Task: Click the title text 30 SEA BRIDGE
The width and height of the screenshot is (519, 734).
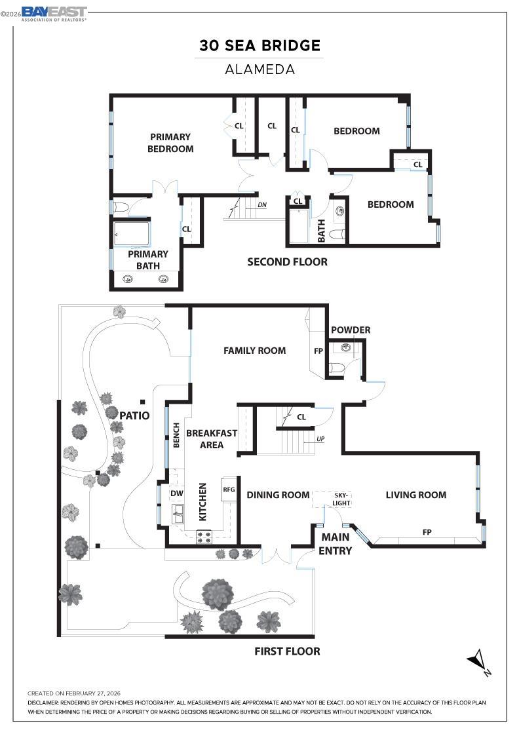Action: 260,46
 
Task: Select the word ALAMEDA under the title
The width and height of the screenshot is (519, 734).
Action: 260,69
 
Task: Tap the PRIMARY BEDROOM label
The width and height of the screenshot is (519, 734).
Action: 170,143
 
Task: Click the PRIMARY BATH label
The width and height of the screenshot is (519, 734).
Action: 147,260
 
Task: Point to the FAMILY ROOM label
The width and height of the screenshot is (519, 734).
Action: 254,351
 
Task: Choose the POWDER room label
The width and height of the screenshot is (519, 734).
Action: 351,330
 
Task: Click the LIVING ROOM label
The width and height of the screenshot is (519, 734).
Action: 415,495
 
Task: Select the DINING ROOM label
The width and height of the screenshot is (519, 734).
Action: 278,495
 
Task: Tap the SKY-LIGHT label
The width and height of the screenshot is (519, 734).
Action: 342,499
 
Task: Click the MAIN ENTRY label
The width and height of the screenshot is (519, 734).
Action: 335,544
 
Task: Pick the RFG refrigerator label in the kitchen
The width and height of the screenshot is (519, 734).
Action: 229,489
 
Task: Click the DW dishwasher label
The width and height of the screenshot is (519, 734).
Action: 177,493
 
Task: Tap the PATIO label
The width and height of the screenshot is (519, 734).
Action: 134,415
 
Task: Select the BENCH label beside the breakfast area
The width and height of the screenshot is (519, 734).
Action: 176,435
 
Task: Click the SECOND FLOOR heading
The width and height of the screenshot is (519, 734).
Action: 287,262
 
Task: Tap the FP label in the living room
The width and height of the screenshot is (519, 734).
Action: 427,532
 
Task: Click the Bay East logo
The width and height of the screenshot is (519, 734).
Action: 54,12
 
